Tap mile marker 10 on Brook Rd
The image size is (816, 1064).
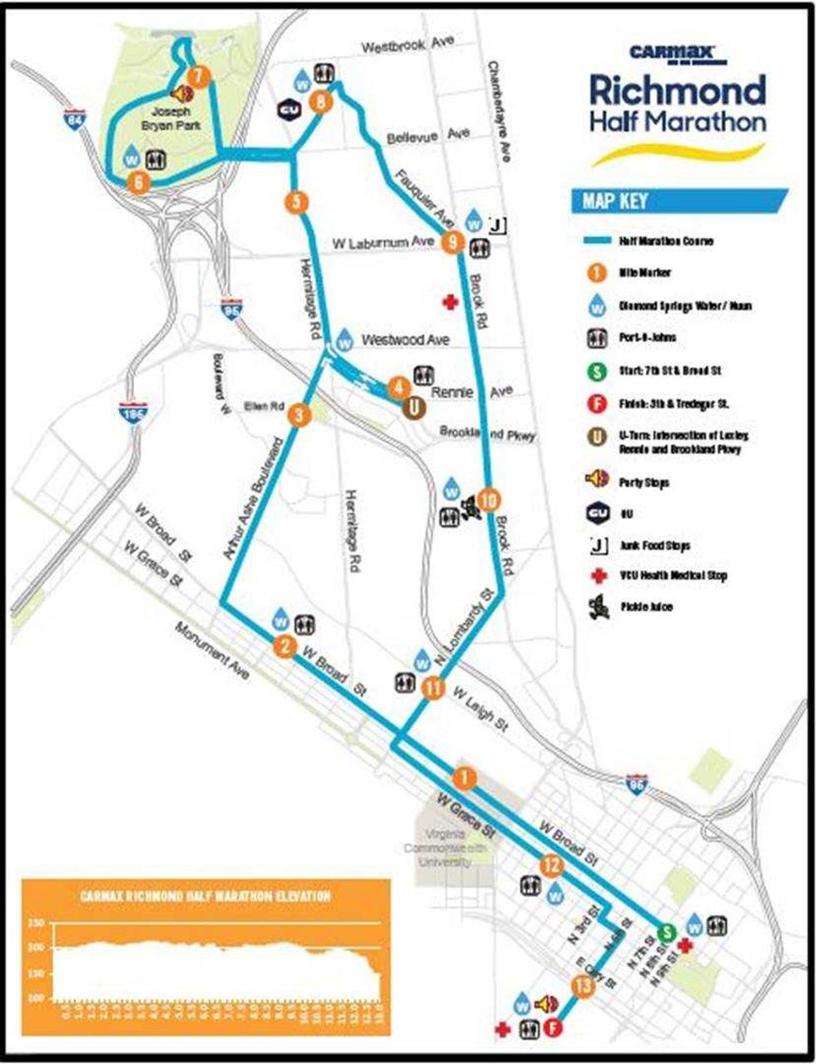(490, 499)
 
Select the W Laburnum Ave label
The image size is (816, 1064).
(384, 243)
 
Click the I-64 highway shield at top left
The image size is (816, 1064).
(75, 121)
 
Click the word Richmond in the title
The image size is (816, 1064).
(677, 90)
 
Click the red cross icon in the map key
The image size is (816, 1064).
(598, 576)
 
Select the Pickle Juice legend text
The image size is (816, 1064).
(645, 607)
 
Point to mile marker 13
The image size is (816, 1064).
(583, 986)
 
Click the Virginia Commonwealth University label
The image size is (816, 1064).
(450, 849)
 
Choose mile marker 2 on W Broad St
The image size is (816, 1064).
(285, 646)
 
